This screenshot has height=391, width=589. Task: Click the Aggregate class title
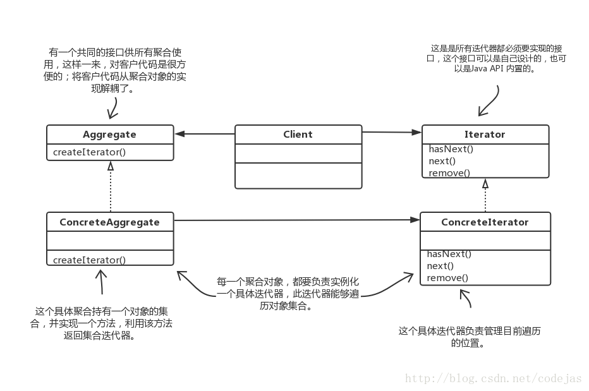(109, 135)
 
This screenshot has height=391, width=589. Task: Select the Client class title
(298, 135)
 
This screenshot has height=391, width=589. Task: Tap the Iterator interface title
(485, 135)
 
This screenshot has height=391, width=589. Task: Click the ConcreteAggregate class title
(109, 222)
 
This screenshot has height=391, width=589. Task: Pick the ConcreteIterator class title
(485, 222)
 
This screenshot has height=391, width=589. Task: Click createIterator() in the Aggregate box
(89, 152)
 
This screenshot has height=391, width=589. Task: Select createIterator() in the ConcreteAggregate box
(89, 260)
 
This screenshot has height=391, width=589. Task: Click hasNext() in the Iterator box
(451, 150)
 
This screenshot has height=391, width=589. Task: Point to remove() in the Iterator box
(449, 172)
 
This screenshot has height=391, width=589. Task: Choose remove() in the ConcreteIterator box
(447, 278)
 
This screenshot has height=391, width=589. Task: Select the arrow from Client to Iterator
(392, 132)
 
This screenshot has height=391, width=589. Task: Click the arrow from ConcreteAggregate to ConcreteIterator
(297, 220)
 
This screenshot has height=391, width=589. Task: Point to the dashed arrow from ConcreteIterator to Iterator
(485, 196)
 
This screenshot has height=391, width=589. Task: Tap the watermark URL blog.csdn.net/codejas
(493, 378)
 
